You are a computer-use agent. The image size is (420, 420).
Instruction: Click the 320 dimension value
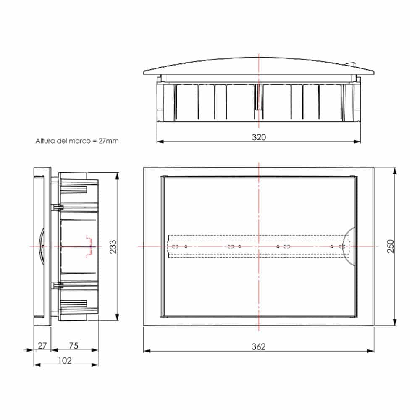coord(259,137)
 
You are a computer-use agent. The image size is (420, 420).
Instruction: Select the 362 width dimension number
coord(259,346)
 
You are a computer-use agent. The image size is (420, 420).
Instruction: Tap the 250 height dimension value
coord(390,247)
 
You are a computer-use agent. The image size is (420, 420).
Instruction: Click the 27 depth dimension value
coord(42,346)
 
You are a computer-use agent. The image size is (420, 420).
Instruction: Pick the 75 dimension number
coord(73,346)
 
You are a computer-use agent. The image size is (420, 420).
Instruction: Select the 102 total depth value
coord(65,360)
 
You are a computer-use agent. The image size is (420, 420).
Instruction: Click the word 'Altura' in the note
coord(45,141)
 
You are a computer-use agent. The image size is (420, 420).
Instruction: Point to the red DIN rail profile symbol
coord(89,246)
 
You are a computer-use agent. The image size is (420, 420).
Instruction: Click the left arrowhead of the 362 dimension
coord(146,350)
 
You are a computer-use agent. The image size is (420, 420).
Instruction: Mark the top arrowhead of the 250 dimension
coord(395,170)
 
